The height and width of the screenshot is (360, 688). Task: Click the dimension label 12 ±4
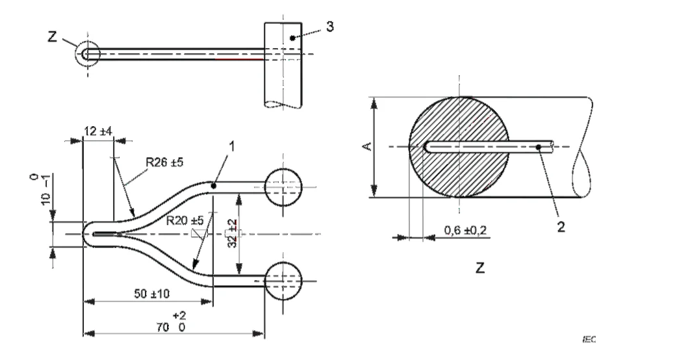(x=98, y=131)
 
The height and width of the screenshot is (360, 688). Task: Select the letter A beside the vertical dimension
(x=366, y=147)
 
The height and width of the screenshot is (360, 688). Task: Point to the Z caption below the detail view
(x=479, y=268)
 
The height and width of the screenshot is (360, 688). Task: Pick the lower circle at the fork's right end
(x=284, y=281)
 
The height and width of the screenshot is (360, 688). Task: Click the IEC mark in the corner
(x=589, y=339)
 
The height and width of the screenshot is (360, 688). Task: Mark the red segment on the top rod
(x=239, y=59)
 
